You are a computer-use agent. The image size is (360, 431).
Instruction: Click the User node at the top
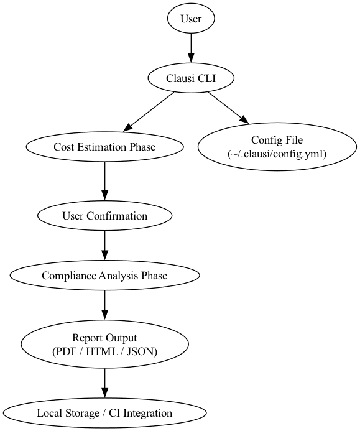click(x=191, y=19)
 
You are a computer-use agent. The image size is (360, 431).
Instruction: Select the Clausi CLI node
click(x=191, y=78)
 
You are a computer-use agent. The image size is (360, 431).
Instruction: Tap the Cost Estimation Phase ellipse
click(x=104, y=147)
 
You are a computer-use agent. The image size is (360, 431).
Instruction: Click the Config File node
click(x=277, y=147)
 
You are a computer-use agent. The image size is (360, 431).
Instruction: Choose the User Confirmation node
click(x=104, y=216)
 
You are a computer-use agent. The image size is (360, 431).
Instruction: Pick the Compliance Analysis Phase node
click(x=104, y=276)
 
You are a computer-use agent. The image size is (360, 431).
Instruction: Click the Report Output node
click(x=104, y=345)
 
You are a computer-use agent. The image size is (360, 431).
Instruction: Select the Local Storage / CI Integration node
click(x=104, y=413)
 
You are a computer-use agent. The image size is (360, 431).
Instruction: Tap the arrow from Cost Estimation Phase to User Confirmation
click(x=104, y=182)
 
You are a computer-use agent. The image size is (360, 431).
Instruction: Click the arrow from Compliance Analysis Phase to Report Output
click(x=104, y=305)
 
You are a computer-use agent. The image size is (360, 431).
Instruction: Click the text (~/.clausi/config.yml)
click(x=277, y=154)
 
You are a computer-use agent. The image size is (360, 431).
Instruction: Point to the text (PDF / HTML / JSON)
click(x=104, y=351)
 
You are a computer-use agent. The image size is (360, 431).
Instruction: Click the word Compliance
click(x=69, y=276)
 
